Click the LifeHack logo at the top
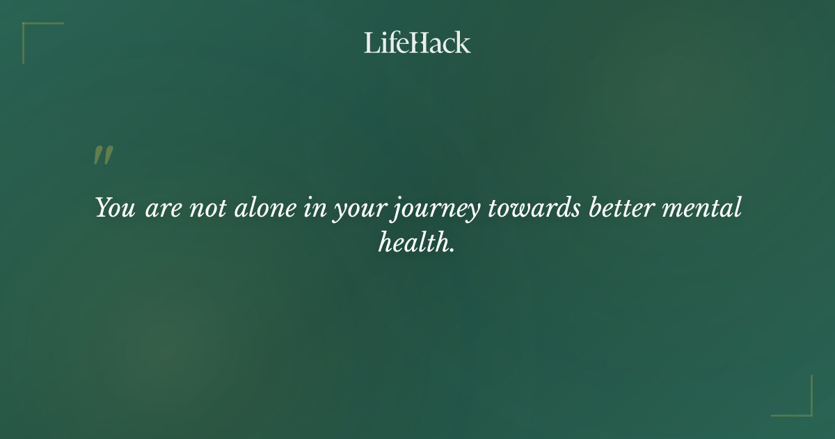click(x=417, y=43)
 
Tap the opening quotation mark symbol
click(x=103, y=155)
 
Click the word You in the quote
click(x=116, y=208)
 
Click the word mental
click(x=705, y=208)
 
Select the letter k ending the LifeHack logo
click(x=463, y=43)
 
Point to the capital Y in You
click(x=102, y=208)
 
